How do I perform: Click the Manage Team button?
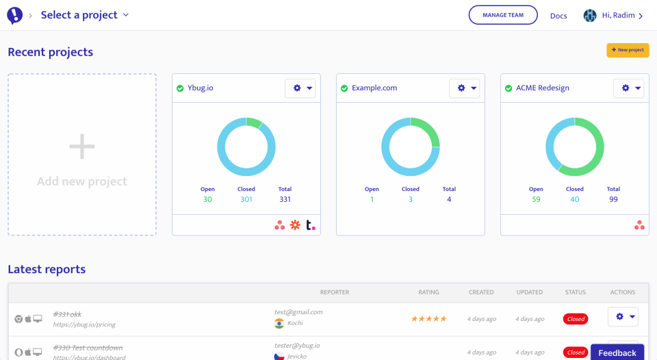[503, 15]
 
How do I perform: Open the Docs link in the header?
[558, 16]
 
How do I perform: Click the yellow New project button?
[628, 50]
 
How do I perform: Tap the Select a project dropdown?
[85, 15]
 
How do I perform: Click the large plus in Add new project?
[82, 146]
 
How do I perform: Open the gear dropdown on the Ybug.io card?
[300, 88]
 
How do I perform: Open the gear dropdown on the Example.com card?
[465, 88]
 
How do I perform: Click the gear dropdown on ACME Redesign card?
[629, 88]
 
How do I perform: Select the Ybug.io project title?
[201, 88]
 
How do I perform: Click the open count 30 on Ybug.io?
[207, 199]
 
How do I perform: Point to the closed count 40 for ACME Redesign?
[575, 199]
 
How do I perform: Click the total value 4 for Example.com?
[449, 199]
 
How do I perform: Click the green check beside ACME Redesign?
[508, 88]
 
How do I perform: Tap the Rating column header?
[428, 292]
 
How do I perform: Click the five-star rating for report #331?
[428, 318]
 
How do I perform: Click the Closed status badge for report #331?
[576, 318]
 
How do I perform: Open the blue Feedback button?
[617, 352]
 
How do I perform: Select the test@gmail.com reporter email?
[298, 312]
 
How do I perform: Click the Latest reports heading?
[47, 269]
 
